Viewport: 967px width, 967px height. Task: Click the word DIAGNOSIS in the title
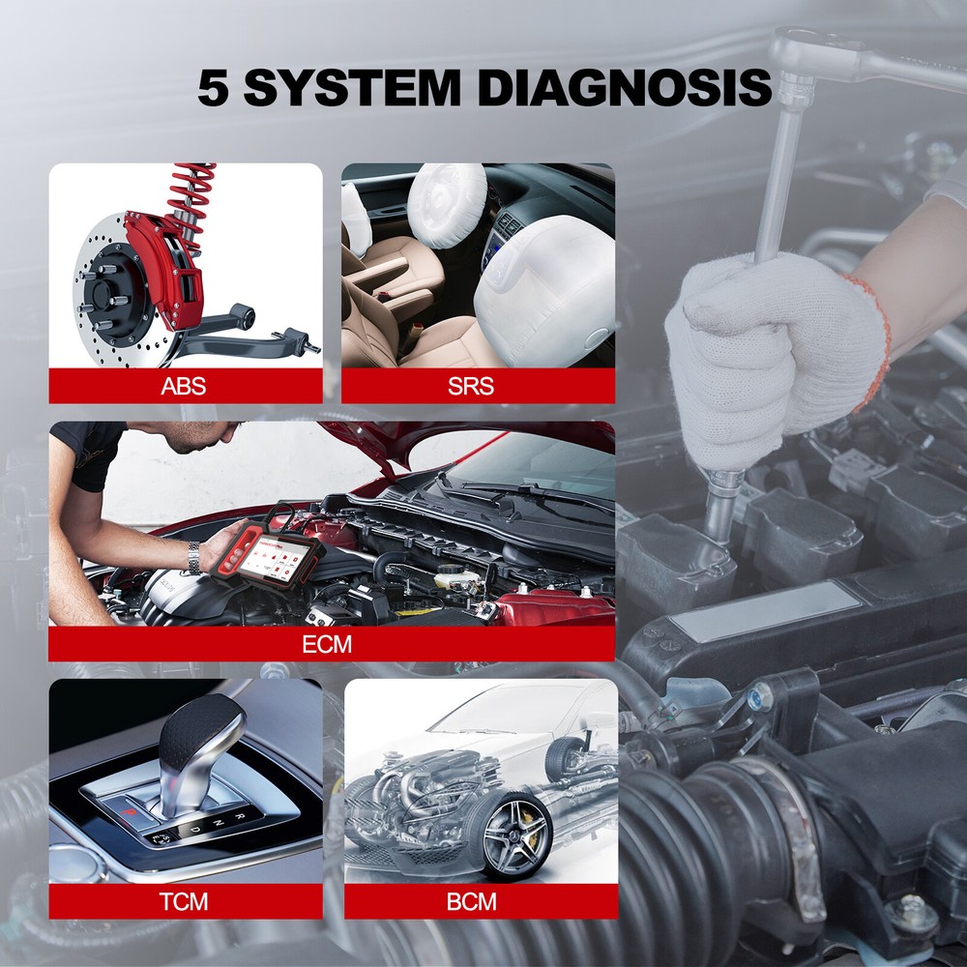click(624, 87)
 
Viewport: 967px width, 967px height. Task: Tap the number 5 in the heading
click(215, 88)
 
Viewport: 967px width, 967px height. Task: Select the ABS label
click(184, 388)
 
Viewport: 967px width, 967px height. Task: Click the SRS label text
click(471, 388)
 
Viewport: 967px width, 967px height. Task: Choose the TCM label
click(184, 902)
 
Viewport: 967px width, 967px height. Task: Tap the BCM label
click(471, 902)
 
